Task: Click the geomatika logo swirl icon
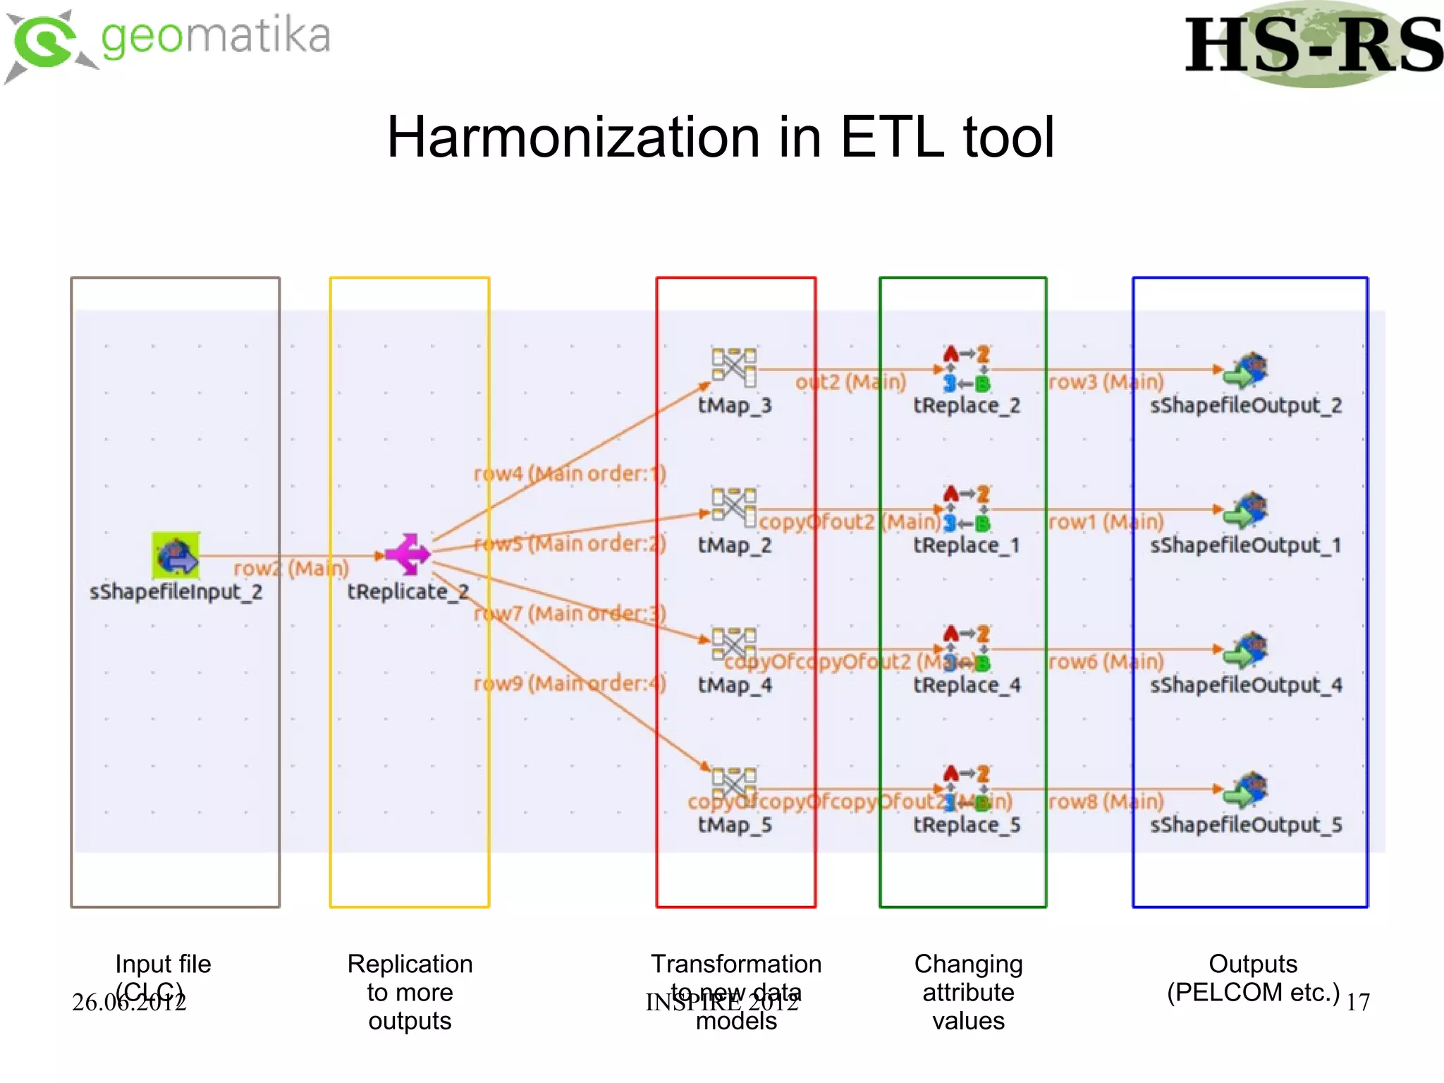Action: tap(46, 44)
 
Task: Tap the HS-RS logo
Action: tap(1313, 46)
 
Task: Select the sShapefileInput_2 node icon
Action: tap(176, 555)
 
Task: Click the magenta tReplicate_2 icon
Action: tap(408, 554)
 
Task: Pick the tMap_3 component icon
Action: tap(733, 367)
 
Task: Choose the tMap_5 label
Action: tap(735, 825)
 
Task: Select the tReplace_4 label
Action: tap(967, 685)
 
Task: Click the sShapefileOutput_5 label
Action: tap(1246, 825)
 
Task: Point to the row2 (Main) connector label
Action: tap(290, 568)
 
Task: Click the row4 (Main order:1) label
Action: tap(570, 473)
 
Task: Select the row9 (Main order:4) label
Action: tap(570, 683)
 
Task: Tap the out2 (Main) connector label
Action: tap(850, 382)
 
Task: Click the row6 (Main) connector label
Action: tap(1106, 661)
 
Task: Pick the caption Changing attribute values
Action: tap(968, 992)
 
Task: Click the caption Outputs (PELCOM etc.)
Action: tap(1253, 979)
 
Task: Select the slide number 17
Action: tap(1357, 1002)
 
